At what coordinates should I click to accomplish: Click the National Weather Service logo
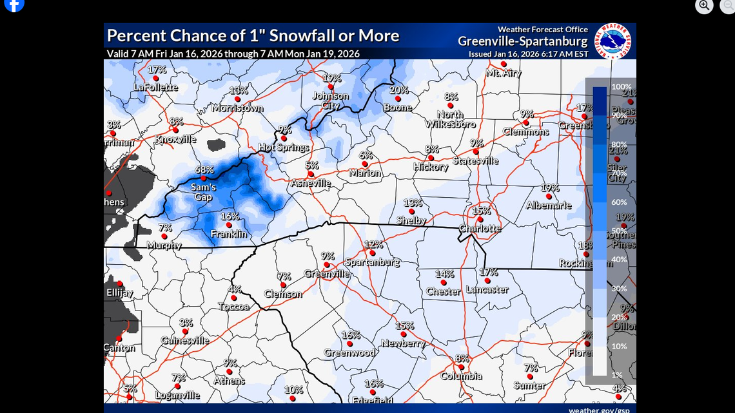(x=612, y=41)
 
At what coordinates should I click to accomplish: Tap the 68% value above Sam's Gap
(x=204, y=169)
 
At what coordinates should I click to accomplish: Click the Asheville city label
(x=310, y=183)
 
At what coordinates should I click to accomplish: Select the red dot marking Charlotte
(x=480, y=220)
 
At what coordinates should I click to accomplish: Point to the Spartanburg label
(x=372, y=262)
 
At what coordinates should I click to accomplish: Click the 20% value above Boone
(x=398, y=90)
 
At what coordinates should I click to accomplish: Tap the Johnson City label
(x=331, y=101)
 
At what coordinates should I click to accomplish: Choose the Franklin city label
(x=229, y=234)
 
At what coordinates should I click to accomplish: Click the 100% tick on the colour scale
(x=621, y=86)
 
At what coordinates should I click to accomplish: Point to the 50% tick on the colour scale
(x=619, y=231)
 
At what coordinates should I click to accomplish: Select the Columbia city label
(x=461, y=376)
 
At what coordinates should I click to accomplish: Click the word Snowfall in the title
(x=304, y=35)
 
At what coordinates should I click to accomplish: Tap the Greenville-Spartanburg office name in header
(x=522, y=41)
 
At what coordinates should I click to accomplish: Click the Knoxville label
(x=176, y=139)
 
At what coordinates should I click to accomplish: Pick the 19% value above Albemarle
(x=550, y=188)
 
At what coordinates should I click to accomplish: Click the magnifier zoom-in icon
(x=704, y=5)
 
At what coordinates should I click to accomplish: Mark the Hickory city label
(x=431, y=167)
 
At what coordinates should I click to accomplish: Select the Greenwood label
(x=350, y=352)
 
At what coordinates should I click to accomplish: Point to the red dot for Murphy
(x=164, y=236)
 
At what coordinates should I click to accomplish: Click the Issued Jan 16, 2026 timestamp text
(x=528, y=54)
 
